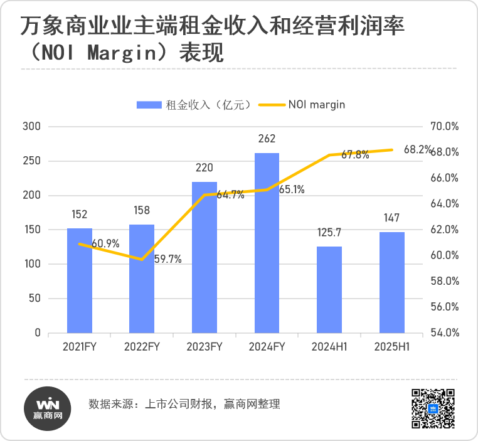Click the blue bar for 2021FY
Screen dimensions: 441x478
pos(80,280)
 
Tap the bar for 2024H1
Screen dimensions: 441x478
pos(329,289)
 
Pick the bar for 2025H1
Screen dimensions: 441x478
pos(392,282)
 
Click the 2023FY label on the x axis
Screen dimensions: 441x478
pos(204,347)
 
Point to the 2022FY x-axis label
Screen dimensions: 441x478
pos(142,347)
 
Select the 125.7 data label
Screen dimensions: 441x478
pos(329,233)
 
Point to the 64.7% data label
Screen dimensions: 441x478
pos(230,195)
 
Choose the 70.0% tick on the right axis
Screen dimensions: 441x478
pos(446,127)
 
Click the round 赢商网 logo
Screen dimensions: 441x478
pos(48,408)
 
